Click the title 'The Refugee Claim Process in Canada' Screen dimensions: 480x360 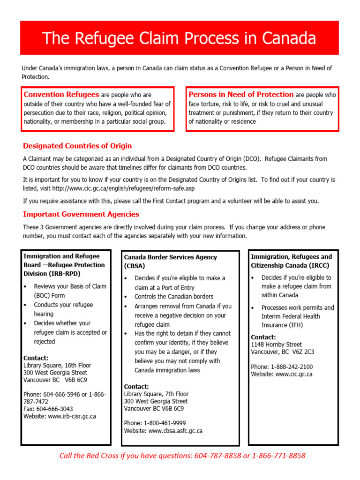(180, 38)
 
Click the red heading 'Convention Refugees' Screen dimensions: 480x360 (61, 95)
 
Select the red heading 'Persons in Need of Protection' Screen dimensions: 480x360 (241, 95)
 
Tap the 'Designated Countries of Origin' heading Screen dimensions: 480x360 (77, 146)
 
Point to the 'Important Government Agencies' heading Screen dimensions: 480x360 (81, 214)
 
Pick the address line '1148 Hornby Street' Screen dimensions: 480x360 (277, 344)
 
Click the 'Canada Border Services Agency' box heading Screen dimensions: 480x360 (170, 257)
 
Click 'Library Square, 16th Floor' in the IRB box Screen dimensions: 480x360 (57, 365)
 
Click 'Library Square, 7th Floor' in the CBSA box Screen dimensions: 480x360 (156, 394)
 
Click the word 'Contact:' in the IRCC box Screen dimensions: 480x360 (263, 337)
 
